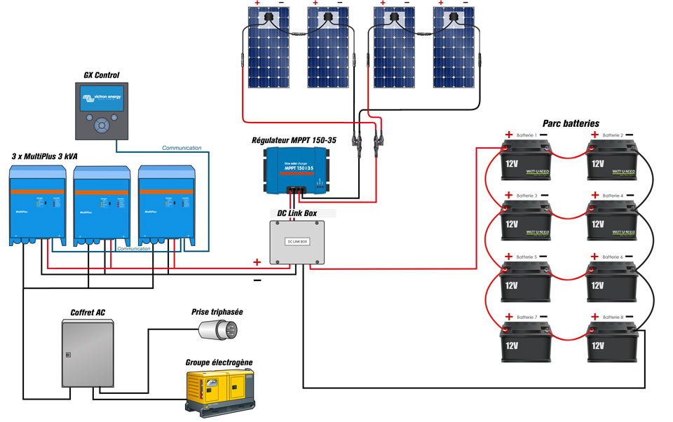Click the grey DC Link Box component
click(298, 242)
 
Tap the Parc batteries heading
click(571, 123)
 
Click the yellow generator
click(219, 391)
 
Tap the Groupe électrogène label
click(219, 362)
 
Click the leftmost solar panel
click(268, 49)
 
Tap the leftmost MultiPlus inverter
click(38, 206)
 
